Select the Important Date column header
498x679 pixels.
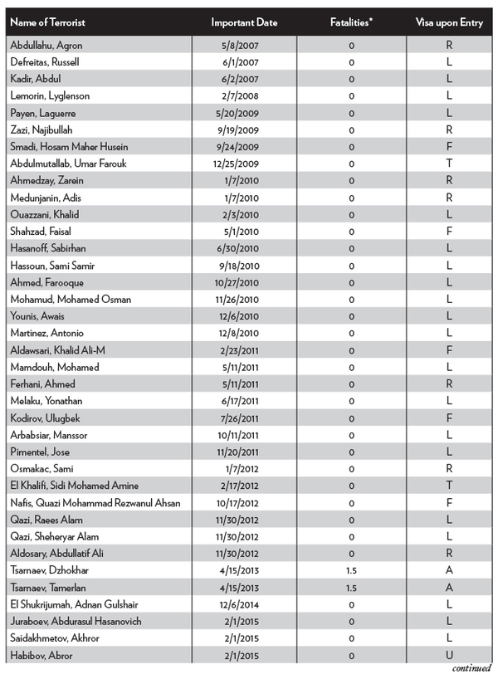(244, 23)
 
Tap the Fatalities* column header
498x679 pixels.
(351, 23)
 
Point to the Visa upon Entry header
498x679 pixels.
(448, 23)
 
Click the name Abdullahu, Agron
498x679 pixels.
(46, 45)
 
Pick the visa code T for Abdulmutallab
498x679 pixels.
(449, 164)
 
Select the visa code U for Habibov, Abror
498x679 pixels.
(449, 655)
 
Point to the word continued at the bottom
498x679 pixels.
(471, 668)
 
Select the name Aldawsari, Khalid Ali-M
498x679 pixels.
(58, 350)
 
